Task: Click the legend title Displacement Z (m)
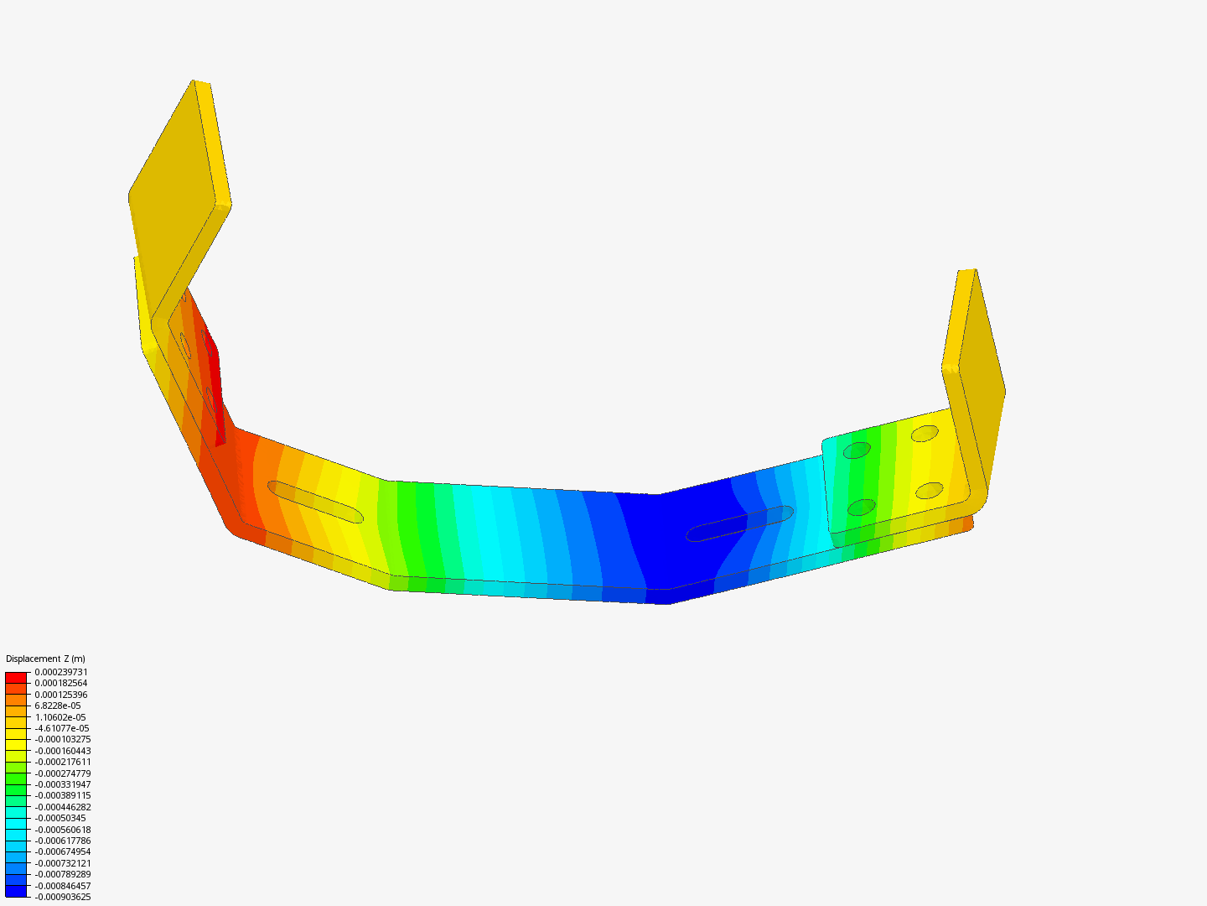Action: point(45,659)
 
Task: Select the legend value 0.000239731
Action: point(61,672)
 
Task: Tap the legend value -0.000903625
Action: point(63,897)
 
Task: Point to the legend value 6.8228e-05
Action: point(58,706)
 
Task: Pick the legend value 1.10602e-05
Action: point(60,717)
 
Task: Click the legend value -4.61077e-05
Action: point(62,728)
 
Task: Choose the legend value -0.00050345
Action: point(60,818)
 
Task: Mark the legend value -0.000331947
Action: point(63,784)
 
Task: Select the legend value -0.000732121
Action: point(63,863)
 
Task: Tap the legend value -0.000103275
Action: point(63,739)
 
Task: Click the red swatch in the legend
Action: point(16,677)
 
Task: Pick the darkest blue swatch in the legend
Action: point(16,891)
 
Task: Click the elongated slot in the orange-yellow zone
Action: point(315,502)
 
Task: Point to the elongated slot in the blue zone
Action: point(739,523)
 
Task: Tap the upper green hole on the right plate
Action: point(857,450)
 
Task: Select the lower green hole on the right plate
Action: point(861,507)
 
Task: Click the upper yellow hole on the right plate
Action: point(925,434)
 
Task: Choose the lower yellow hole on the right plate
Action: point(930,490)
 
